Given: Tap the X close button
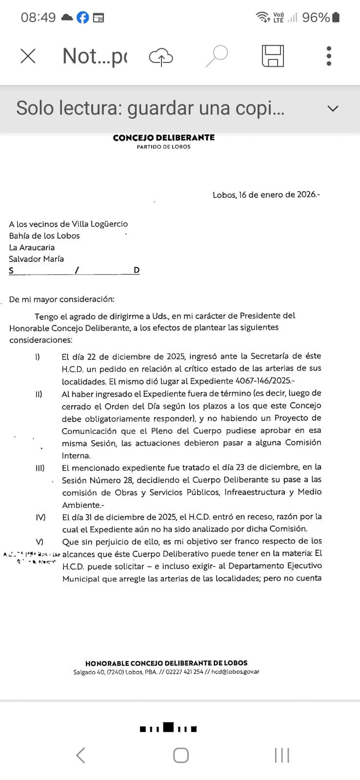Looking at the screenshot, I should click(x=28, y=56).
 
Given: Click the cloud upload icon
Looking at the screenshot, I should click(x=161, y=57).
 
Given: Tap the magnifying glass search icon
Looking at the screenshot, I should click(x=217, y=56).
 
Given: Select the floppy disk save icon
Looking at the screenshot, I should click(x=273, y=56).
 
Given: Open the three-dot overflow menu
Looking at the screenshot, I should click(x=329, y=56).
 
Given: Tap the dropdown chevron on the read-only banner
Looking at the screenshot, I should click(x=333, y=108).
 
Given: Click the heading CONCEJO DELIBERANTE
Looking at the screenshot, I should click(x=163, y=138).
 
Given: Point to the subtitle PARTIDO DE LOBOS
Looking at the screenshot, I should click(x=163, y=147).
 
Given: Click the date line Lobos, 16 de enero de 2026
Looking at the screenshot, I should click(x=266, y=195).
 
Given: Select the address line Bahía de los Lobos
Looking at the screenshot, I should click(x=44, y=235).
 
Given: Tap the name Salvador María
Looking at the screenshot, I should click(x=37, y=259).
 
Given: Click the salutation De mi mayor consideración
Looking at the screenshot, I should click(x=61, y=299).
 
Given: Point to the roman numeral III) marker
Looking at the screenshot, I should click(x=40, y=468).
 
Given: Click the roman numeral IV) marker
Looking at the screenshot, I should click(x=40, y=517).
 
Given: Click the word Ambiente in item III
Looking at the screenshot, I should click(x=81, y=505).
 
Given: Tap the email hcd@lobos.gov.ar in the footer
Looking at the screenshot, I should click(x=235, y=672).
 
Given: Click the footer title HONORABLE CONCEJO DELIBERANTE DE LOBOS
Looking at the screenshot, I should click(x=166, y=663).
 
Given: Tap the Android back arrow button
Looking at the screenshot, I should click(x=81, y=755).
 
